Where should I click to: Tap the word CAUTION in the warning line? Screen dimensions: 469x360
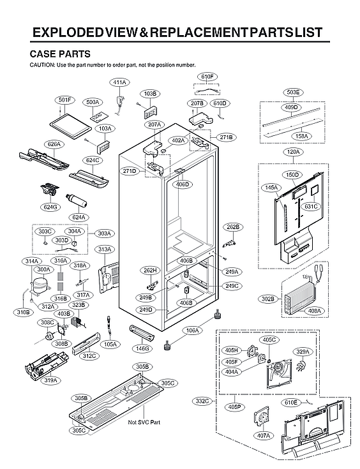click(43, 65)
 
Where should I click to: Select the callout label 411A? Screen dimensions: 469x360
click(119, 82)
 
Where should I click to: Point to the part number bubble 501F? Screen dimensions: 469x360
click(65, 100)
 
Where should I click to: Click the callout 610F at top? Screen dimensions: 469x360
click(207, 77)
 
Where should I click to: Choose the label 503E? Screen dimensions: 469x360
click(293, 93)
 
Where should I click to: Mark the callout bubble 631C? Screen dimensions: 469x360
click(311, 206)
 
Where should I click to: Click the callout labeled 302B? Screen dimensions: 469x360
click(268, 298)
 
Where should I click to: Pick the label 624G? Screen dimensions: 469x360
click(50, 206)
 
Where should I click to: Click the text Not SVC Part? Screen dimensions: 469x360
click(144, 422)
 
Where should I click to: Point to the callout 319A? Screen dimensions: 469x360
click(50, 380)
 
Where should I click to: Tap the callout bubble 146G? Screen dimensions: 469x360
click(142, 348)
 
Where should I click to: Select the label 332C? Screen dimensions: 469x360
click(203, 401)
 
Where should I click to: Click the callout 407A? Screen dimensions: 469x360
click(264, 435)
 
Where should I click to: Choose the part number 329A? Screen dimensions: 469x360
click(303, 352)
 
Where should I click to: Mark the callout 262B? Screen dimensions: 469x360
click(232, 227)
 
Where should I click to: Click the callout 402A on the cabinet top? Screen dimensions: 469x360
click(178, 140)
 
